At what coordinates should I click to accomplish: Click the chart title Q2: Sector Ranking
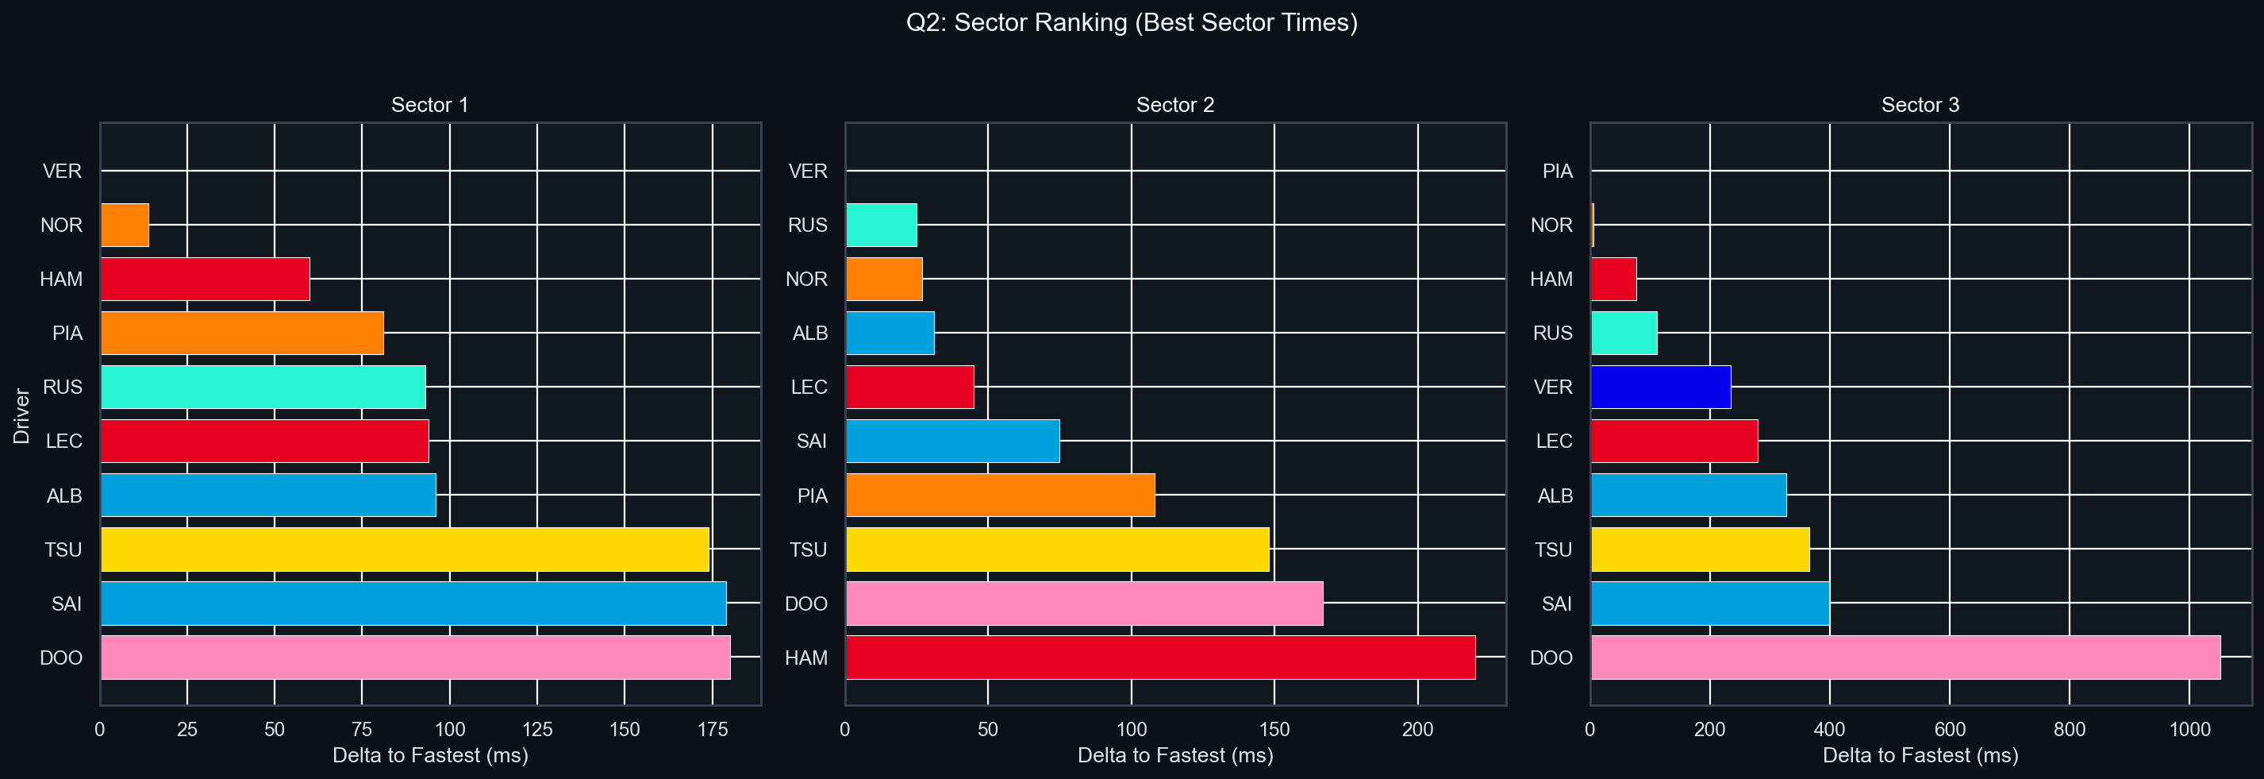coord(1131,23)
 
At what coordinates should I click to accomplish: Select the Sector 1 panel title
coord(430,106)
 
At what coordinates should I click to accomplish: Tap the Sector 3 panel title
coord(1920,106)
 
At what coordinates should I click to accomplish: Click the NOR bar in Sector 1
coord(125,225)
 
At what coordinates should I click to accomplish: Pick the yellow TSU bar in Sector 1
coord(404,550)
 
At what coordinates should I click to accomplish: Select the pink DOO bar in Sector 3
coord(1905,658)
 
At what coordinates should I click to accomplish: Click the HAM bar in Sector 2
coord(1160,658)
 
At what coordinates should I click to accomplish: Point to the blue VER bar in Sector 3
coord(1660,387)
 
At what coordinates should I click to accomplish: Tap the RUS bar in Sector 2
coord(882,225)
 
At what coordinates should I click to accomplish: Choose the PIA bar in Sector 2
coord(1000,495)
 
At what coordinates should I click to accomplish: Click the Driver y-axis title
coord(22,415)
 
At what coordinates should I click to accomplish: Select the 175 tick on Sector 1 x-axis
coord(712,729)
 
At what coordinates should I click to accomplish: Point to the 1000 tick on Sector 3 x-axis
coord(2189,729)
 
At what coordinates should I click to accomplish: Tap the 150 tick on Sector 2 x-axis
coord(1274,729)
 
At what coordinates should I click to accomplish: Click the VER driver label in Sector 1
coord(63,172)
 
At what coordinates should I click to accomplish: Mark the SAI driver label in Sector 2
coord(811,442)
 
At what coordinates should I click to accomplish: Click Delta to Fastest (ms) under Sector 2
coord(1175,755)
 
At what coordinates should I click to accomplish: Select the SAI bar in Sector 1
coord(413,604)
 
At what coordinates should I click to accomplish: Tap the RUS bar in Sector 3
coord(1624,334)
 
